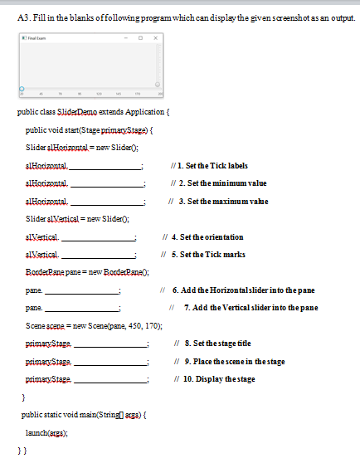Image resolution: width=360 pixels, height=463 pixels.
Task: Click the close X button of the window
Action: point(156,38)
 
